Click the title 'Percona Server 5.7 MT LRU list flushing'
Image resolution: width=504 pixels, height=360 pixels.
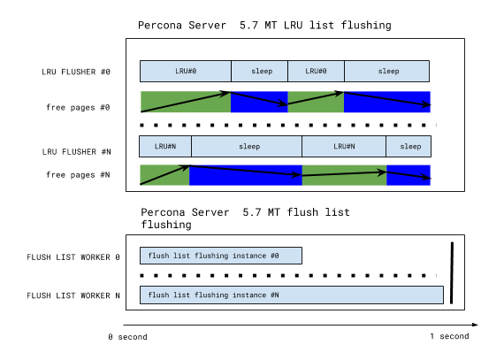(264, 25)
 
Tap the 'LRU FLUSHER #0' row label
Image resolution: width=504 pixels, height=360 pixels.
(75, 71)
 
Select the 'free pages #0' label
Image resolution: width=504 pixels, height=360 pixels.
(79, 107)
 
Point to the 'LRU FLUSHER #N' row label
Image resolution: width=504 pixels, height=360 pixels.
(75, 153)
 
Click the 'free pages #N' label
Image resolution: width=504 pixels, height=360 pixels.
(79, 175)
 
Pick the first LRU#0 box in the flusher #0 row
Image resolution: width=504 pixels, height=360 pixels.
(186, 71)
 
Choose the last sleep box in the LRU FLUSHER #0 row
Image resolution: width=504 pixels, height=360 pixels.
(386, 71)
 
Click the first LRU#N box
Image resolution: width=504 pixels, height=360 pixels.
(165, 146)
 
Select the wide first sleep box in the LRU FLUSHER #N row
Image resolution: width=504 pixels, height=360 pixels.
(247, 146)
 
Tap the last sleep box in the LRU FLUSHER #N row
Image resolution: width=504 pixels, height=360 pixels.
(409, 146)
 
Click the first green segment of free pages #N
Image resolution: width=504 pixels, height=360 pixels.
(164, 175)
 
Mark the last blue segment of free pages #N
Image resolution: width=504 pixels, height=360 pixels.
(409, 175)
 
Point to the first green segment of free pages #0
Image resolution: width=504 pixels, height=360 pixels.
(186, 102)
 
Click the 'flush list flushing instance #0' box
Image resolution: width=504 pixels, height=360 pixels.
(221, 256)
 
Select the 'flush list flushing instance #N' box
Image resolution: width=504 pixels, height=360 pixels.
(291, 295)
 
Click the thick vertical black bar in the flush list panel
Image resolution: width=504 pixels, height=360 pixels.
(452, 272)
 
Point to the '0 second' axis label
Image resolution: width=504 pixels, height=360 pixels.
(127, 337)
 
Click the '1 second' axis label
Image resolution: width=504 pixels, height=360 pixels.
(449, 337)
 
